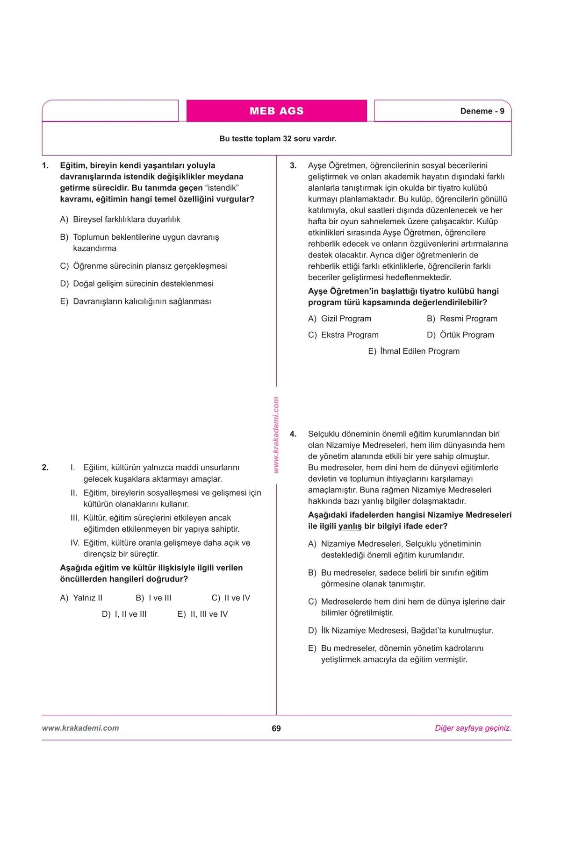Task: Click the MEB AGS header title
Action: click(276, 111)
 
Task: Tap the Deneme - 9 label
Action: click(482, 111)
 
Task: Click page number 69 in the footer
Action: click(276, 728)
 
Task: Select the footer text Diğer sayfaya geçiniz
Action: click(473, 728)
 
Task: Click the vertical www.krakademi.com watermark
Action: click(276, 435)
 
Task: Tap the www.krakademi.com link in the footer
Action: click(80, 728)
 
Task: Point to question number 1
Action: click(45, 165)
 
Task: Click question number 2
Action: click(45, 467)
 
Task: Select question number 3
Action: click(293, 165)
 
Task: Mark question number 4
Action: click(293, 434)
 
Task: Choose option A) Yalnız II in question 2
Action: click(81, 598)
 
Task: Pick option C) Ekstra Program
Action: click(344, 335)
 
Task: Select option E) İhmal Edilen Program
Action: click(414, 351)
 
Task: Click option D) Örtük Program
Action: click(460, 335)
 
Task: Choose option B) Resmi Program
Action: click(462, 319)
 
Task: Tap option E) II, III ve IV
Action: click(203, 614)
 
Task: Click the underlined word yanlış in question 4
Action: click(350, 527)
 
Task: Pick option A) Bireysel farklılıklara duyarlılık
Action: click(120, 220)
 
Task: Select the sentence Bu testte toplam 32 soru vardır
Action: click(278, 139)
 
